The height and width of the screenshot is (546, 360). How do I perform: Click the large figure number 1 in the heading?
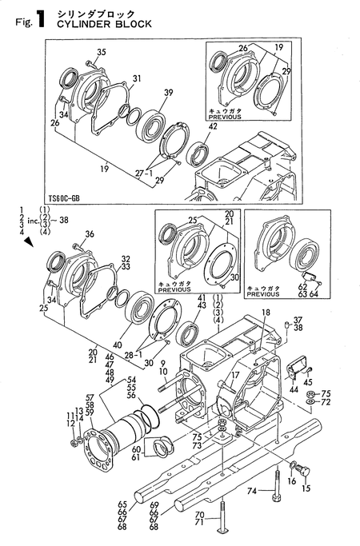[x=40, y=19]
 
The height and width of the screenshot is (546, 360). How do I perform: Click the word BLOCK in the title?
[x=134, y=24]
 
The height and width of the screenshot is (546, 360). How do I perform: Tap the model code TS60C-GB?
[x=64, y=198]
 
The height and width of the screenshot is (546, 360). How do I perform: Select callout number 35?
[x=101, y=53]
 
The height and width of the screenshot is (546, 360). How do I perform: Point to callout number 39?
[x=169, y=93]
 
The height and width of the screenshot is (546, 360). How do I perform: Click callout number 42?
[x=213, y=126]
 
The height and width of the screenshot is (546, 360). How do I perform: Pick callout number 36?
[x=90, y=234]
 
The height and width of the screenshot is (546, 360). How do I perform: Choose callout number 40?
[x=118, y=345]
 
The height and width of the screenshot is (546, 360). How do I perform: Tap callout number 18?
[x=266, y=313]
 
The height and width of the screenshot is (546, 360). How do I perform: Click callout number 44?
[x=294, y=389]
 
